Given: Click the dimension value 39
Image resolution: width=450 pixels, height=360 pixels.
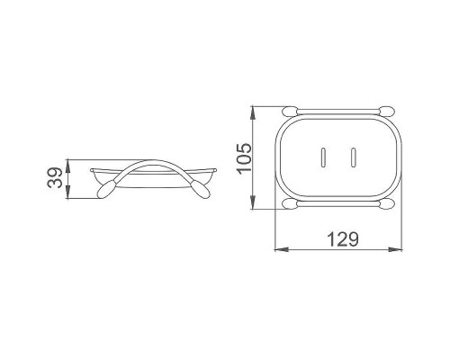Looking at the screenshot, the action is coord(55,178).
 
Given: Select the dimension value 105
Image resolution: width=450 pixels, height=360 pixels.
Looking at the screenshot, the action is coord(243,157).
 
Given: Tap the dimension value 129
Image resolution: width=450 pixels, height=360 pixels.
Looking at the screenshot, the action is coord(342,238).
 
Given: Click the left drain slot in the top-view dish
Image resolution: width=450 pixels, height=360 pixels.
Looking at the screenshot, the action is coord(323,157).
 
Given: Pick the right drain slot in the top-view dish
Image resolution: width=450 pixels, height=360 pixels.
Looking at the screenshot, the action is coord(354,157).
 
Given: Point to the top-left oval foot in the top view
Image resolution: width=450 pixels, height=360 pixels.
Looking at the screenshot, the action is coord(290,111).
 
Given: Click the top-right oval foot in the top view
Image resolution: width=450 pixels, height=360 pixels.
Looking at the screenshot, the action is coord(386,111).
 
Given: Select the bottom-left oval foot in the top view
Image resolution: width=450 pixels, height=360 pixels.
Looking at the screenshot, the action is coord(290,204).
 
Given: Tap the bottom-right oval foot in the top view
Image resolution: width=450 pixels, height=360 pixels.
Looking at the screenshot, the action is coord(386,204).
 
